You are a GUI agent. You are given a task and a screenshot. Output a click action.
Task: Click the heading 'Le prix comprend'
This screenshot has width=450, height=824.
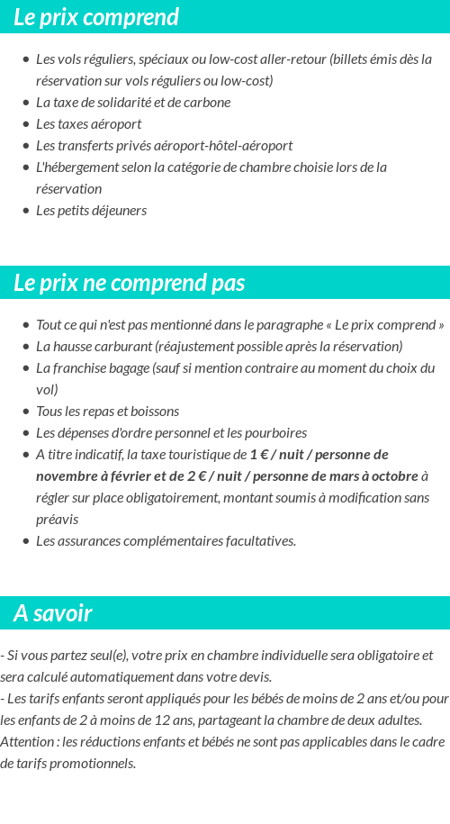click(96, 17)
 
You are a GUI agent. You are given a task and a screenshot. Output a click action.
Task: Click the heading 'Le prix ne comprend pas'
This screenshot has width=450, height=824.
click(129, 283)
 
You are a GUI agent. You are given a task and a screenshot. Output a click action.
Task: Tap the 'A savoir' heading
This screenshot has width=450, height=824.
click(52, 613)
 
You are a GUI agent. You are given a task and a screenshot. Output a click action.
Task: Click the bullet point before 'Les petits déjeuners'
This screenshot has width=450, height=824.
click(26, 211)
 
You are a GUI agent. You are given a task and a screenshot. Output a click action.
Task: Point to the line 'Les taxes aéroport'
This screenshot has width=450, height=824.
click(88, 124)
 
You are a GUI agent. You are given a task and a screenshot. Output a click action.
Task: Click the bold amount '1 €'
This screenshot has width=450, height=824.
click(258, 455)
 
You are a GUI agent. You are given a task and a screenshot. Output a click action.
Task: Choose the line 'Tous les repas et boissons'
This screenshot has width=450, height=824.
click(107, 412)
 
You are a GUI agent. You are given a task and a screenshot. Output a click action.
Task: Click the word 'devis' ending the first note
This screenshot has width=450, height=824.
click(254, 677)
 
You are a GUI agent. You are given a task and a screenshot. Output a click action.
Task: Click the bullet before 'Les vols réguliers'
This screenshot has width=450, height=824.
click(26, 59)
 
